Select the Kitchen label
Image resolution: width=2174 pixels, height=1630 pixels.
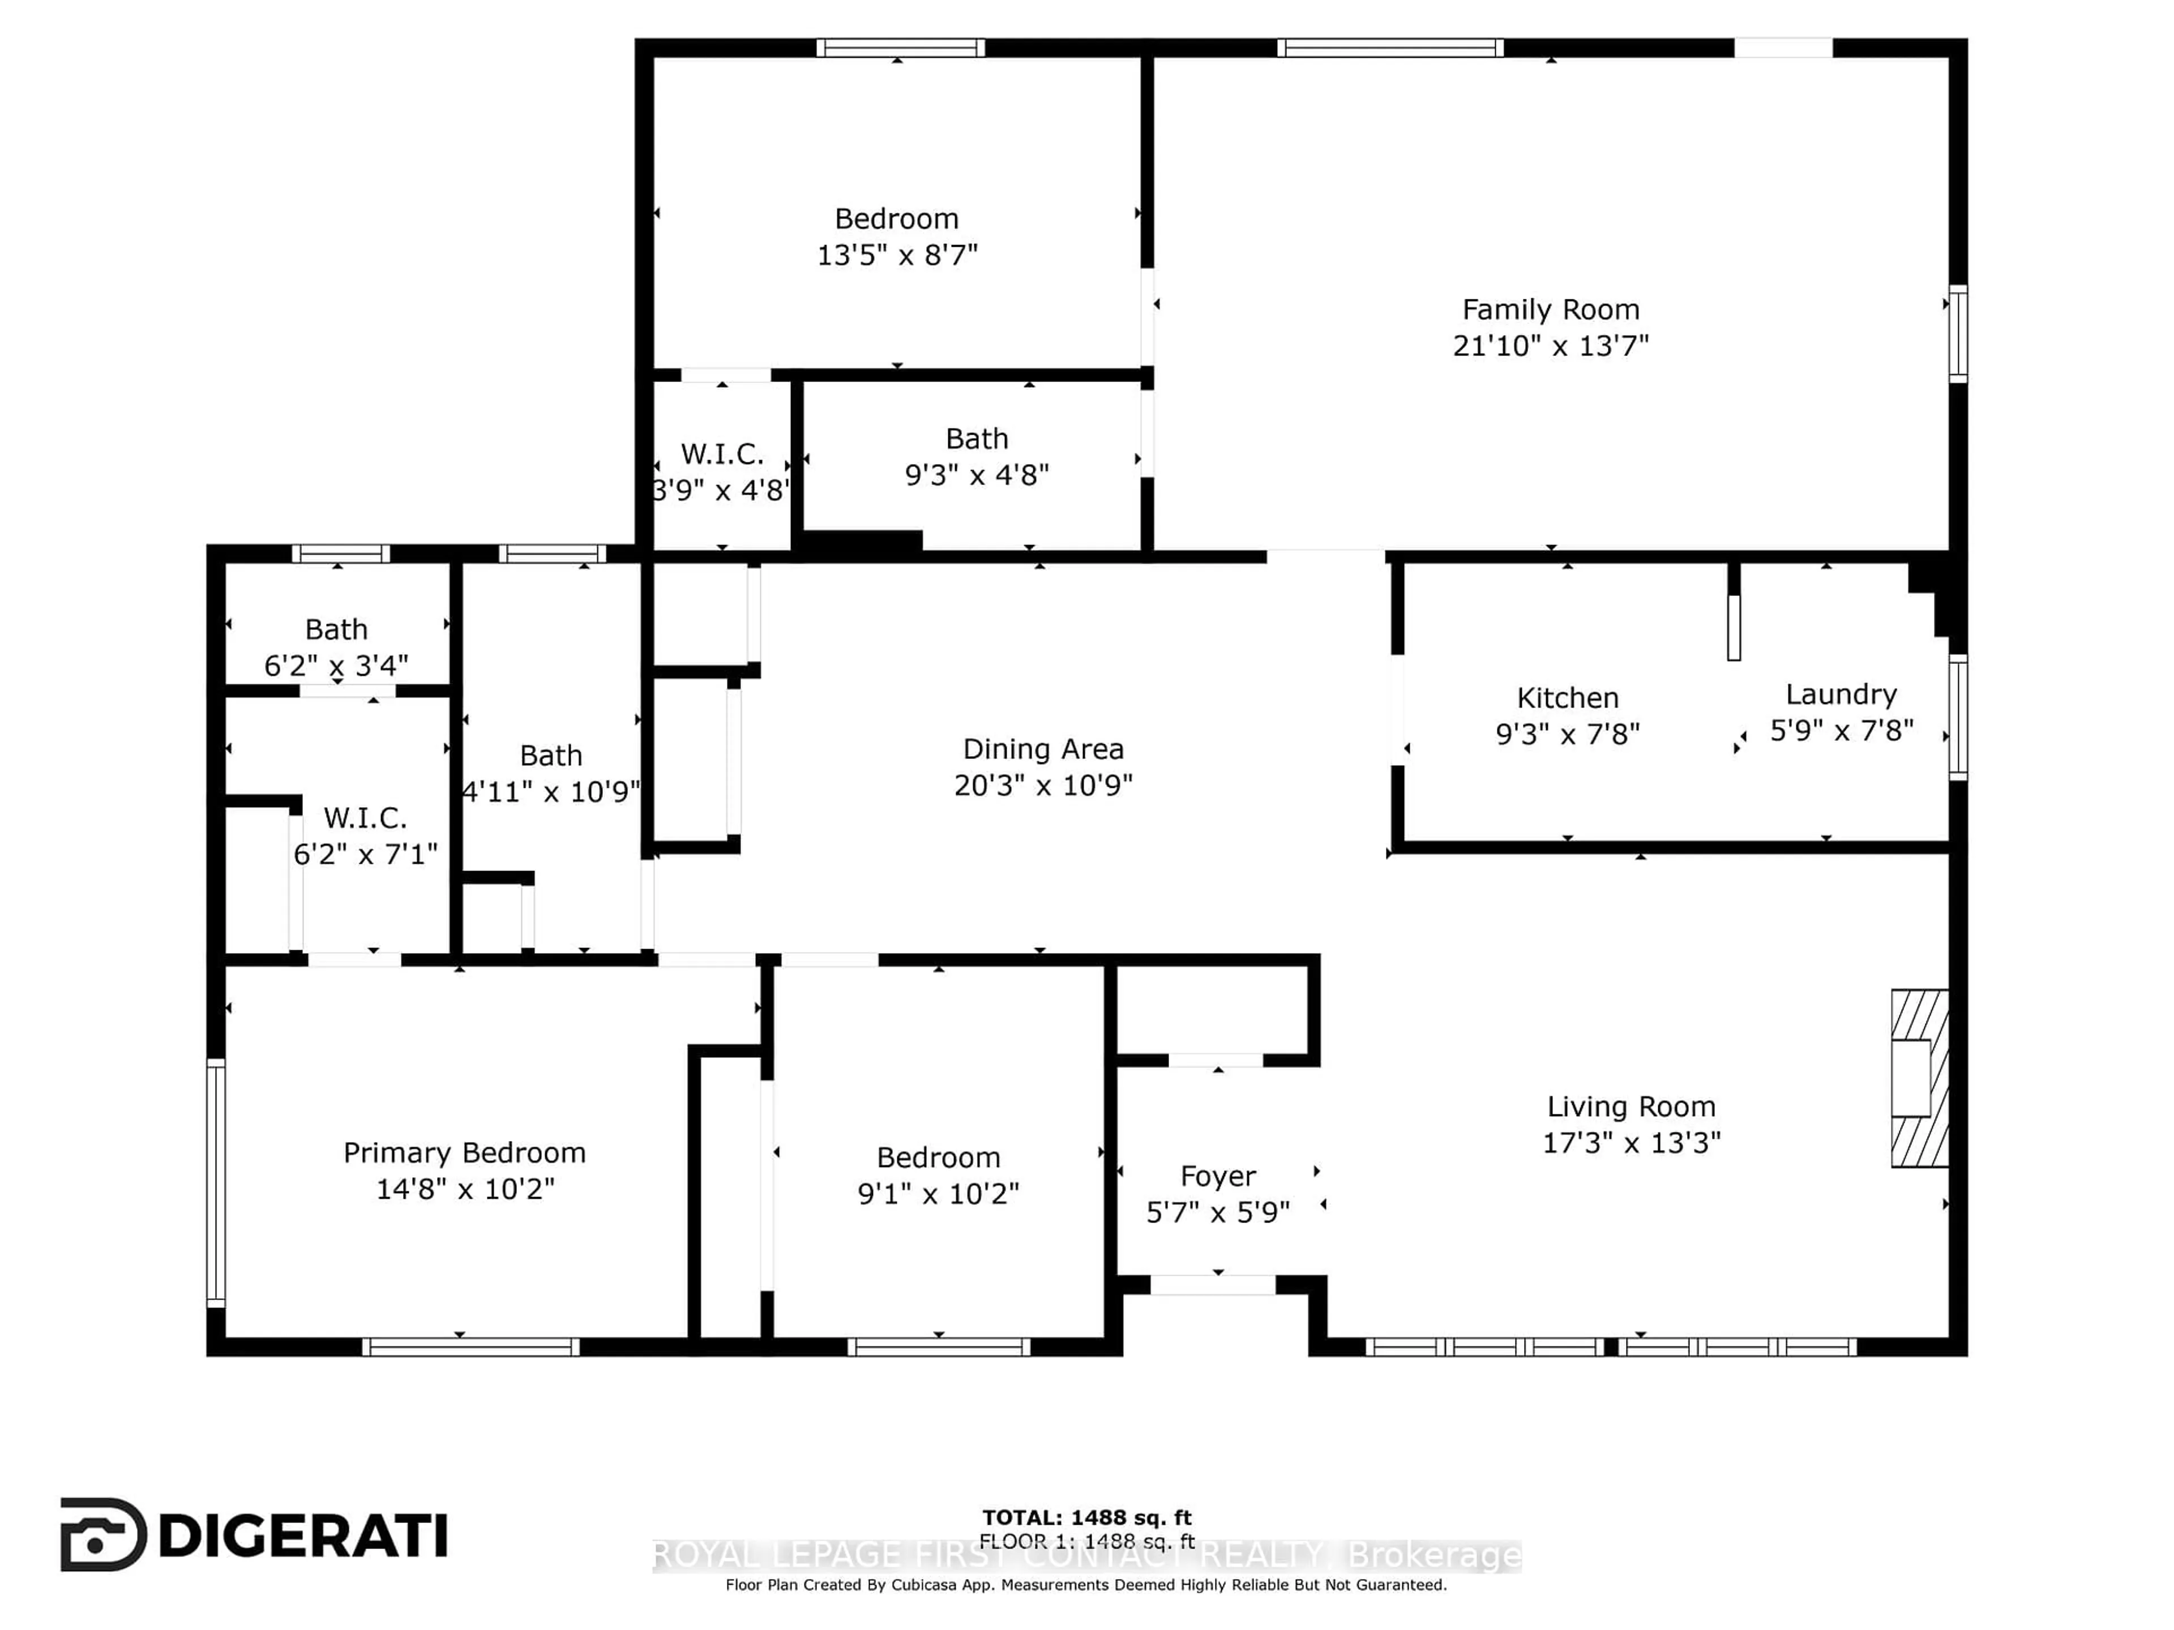coord(1567,698)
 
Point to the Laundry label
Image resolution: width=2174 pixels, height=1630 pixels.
coord(1841,694)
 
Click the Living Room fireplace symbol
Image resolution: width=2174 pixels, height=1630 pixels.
coord(1919,1078)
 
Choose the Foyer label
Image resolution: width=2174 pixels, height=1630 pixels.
coord(1218,1176)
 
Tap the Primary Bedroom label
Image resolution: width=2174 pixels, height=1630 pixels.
coord(464,1152)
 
